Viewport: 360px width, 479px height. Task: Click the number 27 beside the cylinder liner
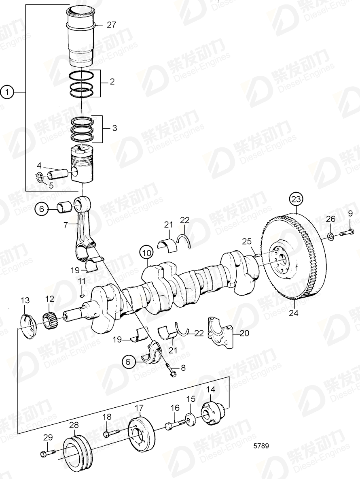(111, 25)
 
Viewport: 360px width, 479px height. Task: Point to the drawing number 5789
(261, 446)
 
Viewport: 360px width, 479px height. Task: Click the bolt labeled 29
(47, 453)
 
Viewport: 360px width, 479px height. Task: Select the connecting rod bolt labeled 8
(171, 370)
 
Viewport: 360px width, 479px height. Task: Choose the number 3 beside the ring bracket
(114, 128)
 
